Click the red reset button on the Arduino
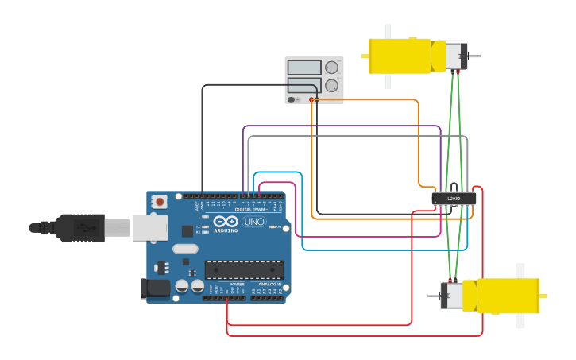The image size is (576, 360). (160, 202)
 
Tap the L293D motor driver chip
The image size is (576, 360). (454, 199)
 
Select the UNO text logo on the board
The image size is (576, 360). (254, 222)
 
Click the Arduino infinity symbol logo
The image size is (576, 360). (226, 222)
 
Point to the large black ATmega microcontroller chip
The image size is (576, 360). (244, 269)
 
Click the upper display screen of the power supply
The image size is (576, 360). (304, 68)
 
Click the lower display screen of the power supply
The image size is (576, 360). (304, 85)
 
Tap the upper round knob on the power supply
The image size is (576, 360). (331, 68)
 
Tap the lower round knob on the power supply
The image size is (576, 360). (331, 86)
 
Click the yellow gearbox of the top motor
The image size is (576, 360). (400, 56)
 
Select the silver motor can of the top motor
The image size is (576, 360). (455, 56)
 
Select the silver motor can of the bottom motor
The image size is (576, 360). (453, 296)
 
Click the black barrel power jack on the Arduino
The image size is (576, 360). (156, 288)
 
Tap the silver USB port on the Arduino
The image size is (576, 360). (149, 228)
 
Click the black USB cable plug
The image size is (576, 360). (80, 228)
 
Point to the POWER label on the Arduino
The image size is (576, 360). (237, 284)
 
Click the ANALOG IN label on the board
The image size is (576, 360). (269, 284)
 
